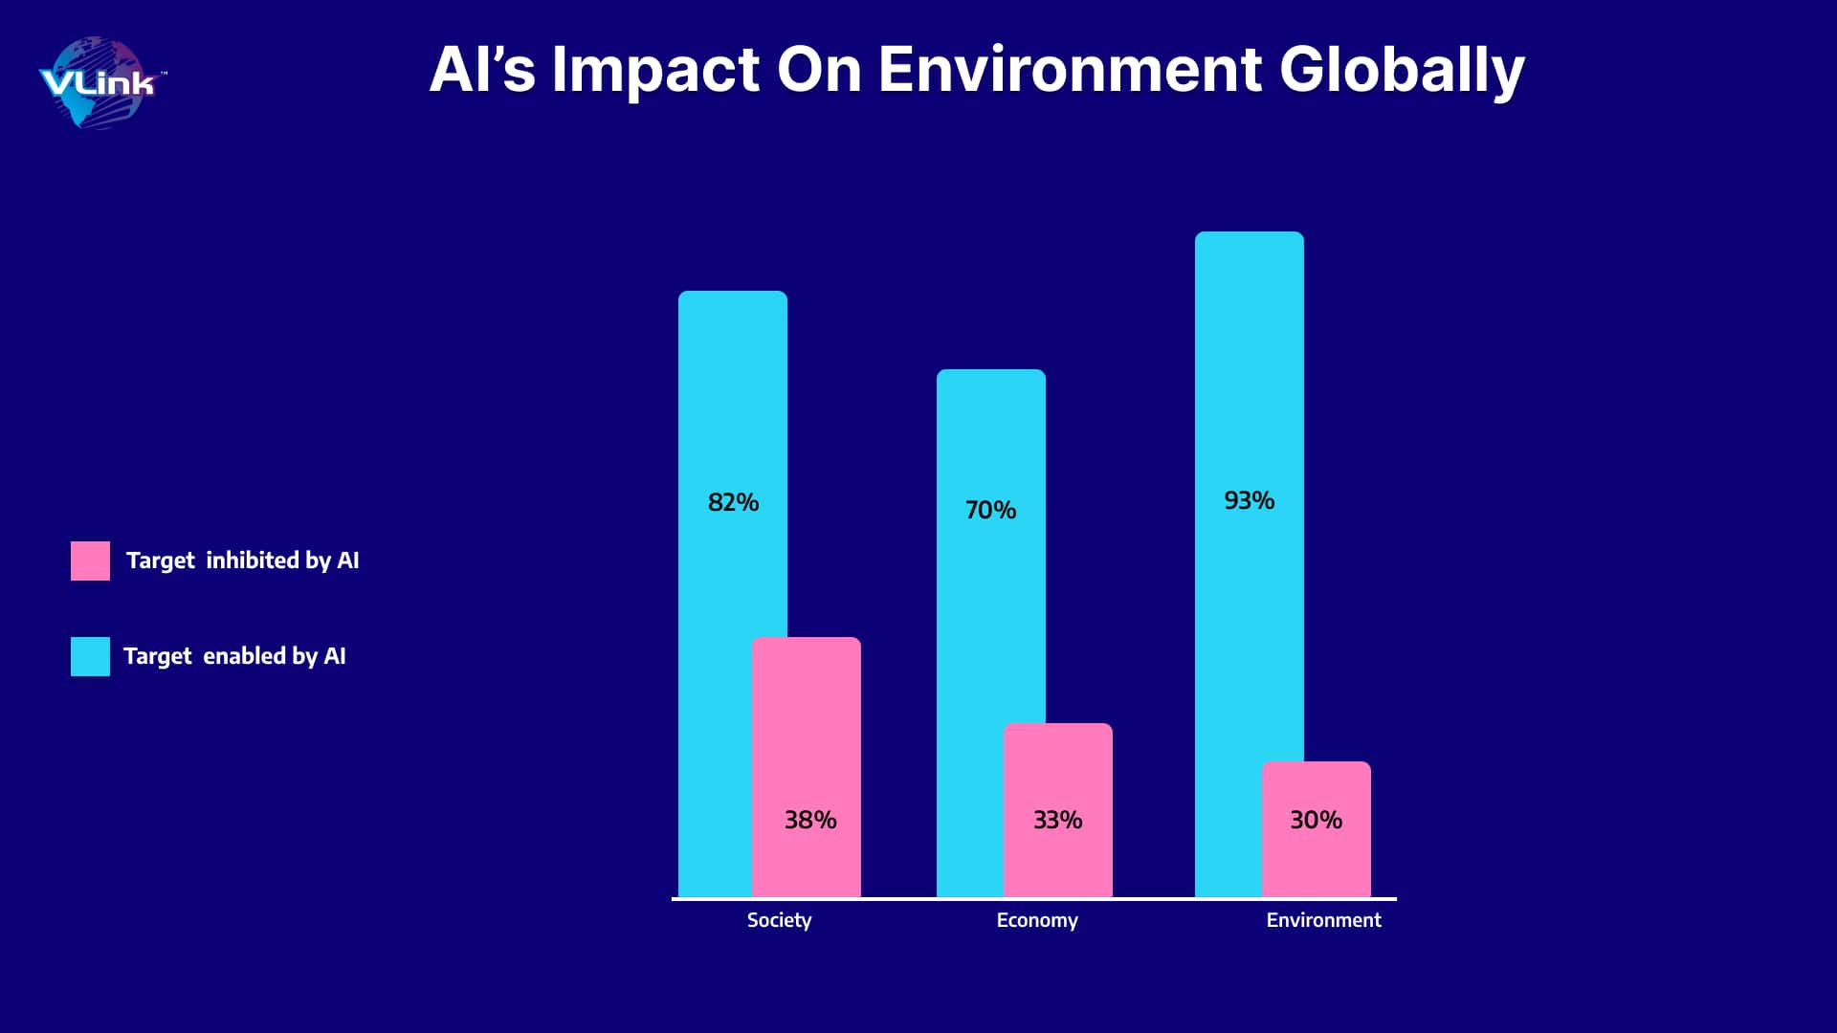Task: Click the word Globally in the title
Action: pos(1402,71)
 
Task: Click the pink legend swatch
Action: pos(90,560)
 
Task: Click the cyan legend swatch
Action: pos(90,656)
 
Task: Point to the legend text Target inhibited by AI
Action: pos(243,560)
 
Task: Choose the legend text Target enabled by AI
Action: pos(234,656)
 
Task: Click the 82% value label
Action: pos(733,502)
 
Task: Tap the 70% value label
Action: pos(990,510)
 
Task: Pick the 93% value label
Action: pos(1250,500)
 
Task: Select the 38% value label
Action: pos(810,820)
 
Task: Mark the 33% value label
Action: pos(1058,820)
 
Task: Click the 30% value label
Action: pos(1317,820)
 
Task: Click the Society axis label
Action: pos(779,920)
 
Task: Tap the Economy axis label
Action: pos(1037,920)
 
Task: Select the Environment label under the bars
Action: pos(1323,920)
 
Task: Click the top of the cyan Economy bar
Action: pos(991,370)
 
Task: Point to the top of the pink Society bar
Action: pos(807,638)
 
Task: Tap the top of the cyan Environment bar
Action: pos(1250,232)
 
